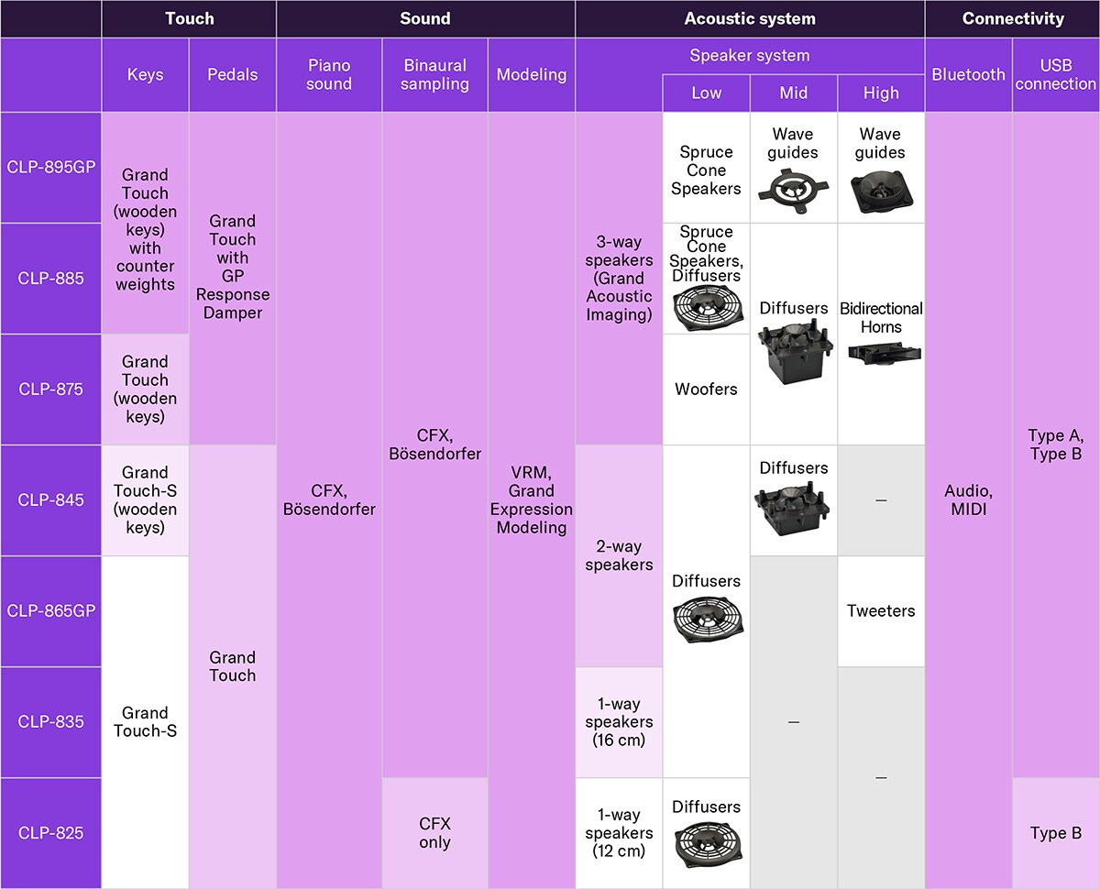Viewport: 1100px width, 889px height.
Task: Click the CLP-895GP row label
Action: pos(50,168)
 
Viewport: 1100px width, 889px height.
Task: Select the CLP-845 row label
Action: pos(50,500)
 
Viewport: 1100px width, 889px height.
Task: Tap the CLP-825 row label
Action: pos(50,833)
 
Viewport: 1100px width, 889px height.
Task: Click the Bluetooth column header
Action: pos(968,75)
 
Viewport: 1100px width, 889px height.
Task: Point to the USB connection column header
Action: pos(1055,75)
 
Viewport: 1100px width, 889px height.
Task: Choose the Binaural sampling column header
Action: pos(434,75)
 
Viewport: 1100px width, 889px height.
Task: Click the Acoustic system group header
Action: pos(749,18)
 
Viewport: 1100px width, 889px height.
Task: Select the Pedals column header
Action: pos(232,75)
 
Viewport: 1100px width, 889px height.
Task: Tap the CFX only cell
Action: pos(434,833)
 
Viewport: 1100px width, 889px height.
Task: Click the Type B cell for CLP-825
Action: pos(1055,833)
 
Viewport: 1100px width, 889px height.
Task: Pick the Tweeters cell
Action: pos(880,610)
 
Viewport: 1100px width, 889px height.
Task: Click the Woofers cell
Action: pos(706,390)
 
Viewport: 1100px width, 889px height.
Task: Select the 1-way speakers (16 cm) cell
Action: pos(619,721)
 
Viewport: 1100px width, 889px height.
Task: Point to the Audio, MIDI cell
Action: pos(968,500)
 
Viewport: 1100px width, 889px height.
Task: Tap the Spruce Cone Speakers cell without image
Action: pos(706,170)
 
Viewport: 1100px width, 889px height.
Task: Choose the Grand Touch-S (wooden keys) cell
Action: pos(145,500)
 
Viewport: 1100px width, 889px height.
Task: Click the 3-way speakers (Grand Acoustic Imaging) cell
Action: pos(619,279)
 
